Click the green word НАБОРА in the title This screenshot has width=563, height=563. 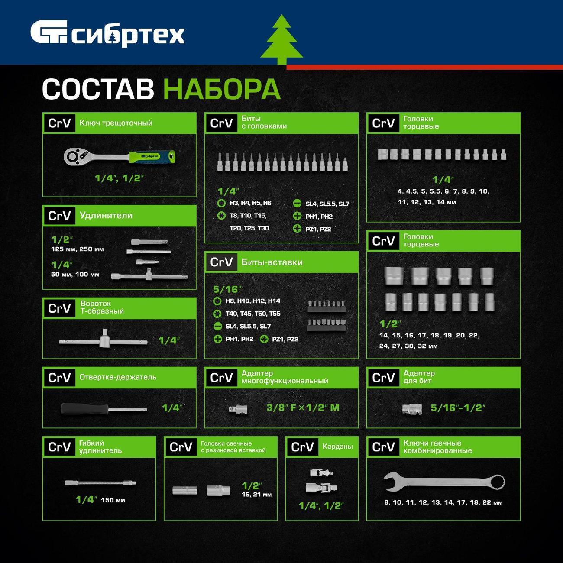pyautogui.click(x=222, y=89)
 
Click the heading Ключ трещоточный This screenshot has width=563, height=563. pyautogui.click(x=116, y=123)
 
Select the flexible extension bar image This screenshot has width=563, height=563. pyautogui.click(x=100, y=483)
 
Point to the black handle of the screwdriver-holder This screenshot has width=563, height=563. pyautogui.click(x=84, y=409)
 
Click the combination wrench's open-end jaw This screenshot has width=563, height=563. pyautogui.click(x=391, y=481)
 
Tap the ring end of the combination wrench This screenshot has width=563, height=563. pyautogui.click(x=495, y=482)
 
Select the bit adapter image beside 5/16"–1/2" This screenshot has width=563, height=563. pyautogui.click(x=412, y=408)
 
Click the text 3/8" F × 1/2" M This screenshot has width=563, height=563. pyautogui.click(x=303, y=408)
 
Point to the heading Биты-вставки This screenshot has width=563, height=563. pyautogui.click(x=272, y=262)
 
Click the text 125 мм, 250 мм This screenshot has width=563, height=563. pyautogui.click(x=78, y=249)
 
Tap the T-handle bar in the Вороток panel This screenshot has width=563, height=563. pyautogui.click(x=104, y=341)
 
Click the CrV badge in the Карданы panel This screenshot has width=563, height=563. pyautogui.click(x=302, y=447)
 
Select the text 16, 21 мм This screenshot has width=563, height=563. pyautogui.click(x=257, y=494)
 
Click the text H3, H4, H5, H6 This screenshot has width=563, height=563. pyautogui.click(x=250, y=203)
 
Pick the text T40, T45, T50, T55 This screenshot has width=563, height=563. pyautogui.click(x=253, y=314)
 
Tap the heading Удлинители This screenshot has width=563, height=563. pyautogui.click(x=106, y=216)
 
